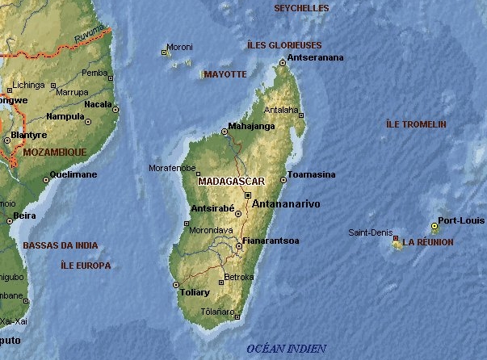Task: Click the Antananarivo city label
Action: (x=286, y=204)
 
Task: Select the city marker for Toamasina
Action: (x=283, y=180)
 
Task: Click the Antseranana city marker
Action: (x=282, y=62)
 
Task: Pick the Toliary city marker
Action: (x=176, y=284)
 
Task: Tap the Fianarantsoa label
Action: (x=271, y=241)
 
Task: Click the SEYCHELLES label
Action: (x=301, y=8)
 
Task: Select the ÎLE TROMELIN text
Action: (x=416, y=124)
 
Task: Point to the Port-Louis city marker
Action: (x=435, y=227)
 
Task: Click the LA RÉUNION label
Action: (x=428, y=242)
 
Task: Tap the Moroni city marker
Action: (x=165, y=53)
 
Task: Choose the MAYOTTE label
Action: (x=225, y=74)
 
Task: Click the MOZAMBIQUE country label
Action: (x=54, y=152)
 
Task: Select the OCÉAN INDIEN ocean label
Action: (x=286, y=349)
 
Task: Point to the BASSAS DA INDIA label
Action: (x=61, y=245)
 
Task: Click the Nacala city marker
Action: (x=115, y=109)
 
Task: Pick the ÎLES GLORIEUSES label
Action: (x=283, y=45)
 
